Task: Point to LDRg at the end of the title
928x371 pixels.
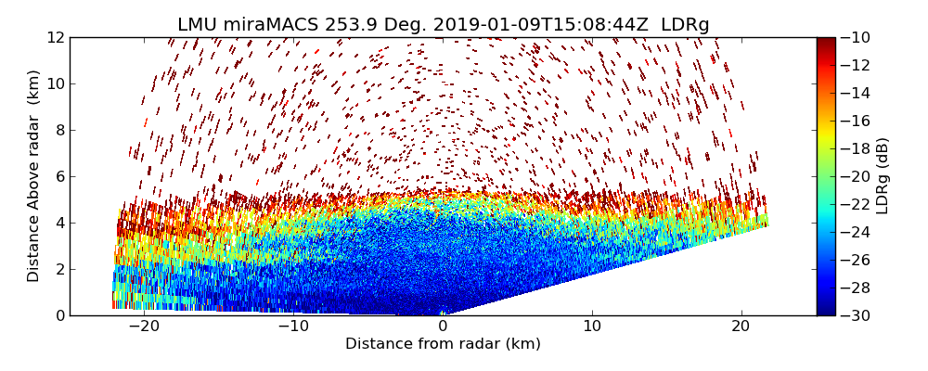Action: (x=685, y=25)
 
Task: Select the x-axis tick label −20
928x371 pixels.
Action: (x=144, y=326)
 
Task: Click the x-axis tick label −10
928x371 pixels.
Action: (x=293, y=326)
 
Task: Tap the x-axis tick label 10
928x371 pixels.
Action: (x=591, y=326)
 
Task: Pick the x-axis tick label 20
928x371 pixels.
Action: (x=741, y=326)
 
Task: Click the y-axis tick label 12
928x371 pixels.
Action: (x=55, y=37)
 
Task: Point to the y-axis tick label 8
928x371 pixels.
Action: (x=58, y=130)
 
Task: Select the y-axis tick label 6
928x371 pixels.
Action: (x=58, y=176)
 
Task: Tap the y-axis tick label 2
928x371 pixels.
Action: (x=58, y=269)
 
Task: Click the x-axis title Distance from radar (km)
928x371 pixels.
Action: (x=443, y=344)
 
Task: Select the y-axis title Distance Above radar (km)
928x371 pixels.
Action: (x=33, y=176)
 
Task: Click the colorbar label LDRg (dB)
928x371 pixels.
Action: (x=883, y=176)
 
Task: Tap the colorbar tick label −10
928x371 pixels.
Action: (x=856, y=37)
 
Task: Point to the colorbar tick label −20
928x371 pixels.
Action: (x=856, y=176)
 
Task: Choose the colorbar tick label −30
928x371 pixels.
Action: (x=856, y=315)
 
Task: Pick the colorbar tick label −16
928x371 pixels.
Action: (x=856, y=121)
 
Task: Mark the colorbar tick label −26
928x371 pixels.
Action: (x=856, y=260)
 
